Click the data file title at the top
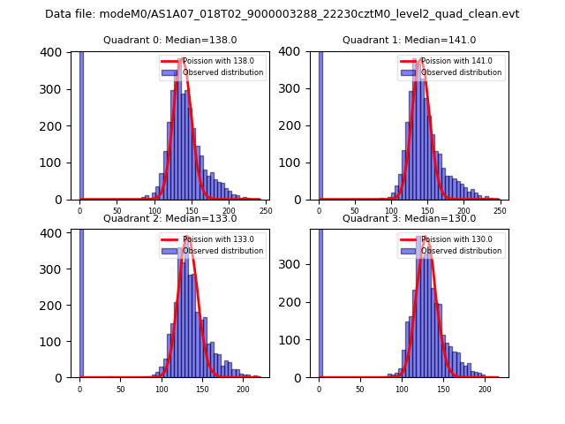pos(282,14)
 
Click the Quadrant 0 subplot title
pos(169,40)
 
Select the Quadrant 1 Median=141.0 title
pos(409,40)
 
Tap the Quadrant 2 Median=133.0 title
pos(169,218)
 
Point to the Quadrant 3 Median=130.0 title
pos(409,218)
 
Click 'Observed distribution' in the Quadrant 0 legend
pos(222,72)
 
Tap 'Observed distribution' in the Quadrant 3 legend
pos(462,251)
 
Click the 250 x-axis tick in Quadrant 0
pos(266,211)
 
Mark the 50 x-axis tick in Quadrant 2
pos(121,389)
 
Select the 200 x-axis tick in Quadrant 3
pos(485,389)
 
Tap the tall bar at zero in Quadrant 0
pos(80,124)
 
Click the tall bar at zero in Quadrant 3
pos(320,300)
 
